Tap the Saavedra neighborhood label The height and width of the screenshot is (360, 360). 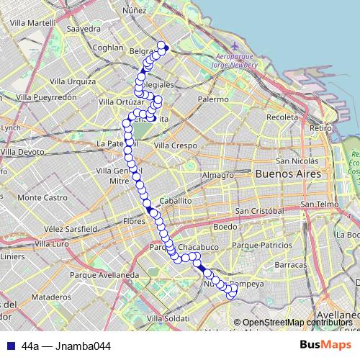[84, 29]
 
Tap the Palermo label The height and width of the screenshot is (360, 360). [212, 99]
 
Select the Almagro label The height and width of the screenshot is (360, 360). [217, 175]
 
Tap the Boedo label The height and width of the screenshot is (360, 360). [225, 227]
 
